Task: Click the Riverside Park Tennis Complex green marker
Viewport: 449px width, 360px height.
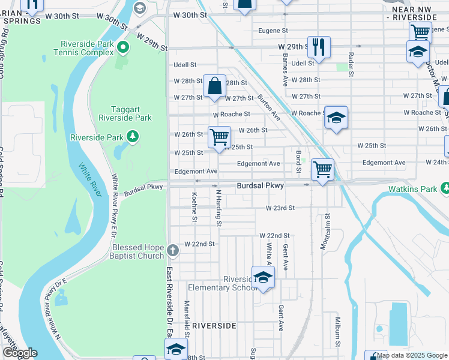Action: click(124, 47)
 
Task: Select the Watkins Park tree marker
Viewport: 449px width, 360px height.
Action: click(445, 189)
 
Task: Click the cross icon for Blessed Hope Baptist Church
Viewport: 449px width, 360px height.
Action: click(173, 250)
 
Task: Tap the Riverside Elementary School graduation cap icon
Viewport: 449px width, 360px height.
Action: click(262, 278)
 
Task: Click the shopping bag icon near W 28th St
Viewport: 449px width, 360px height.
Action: click(214, 86)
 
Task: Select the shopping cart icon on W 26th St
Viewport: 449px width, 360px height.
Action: click(219, 137)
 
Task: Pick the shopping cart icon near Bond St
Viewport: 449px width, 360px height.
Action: click(323, 170)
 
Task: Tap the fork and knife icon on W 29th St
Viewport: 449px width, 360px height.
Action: click(318, 47)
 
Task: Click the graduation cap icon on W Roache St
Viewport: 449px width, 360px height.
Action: click(336, 118)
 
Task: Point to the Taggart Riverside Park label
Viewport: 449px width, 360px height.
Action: click(125, 113)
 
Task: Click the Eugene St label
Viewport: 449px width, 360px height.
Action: click(273, 30)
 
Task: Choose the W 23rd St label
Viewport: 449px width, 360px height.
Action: click(281, 208)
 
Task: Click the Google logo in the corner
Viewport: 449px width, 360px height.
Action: click(20, 353)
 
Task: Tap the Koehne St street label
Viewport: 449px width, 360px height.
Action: click(194, 207)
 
